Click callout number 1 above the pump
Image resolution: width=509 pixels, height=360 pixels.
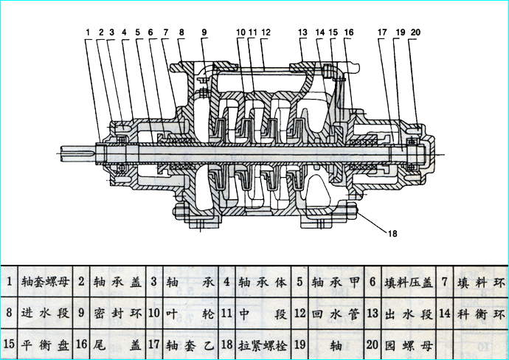(87, 32)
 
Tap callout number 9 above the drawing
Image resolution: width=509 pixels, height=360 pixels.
(204, 32)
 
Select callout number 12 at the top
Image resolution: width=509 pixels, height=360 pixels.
(266, 32)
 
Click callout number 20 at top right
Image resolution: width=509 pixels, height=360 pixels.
(416, 32)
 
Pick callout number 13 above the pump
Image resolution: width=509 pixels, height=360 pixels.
(302, 32)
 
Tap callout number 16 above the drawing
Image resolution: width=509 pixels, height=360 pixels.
(349, 32)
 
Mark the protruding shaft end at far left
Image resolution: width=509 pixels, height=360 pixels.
(77, 153)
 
